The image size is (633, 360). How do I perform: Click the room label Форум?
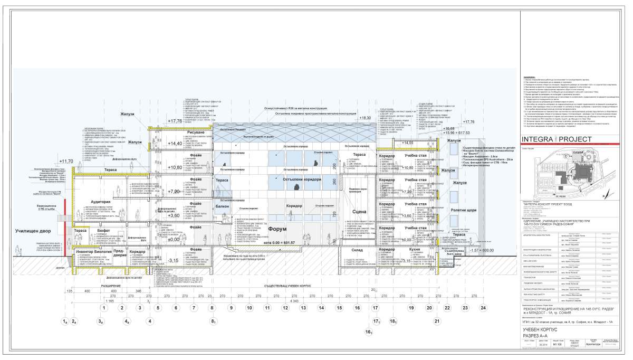278,229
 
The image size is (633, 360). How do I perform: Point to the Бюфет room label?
103,230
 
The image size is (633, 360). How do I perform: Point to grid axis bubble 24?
483,307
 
